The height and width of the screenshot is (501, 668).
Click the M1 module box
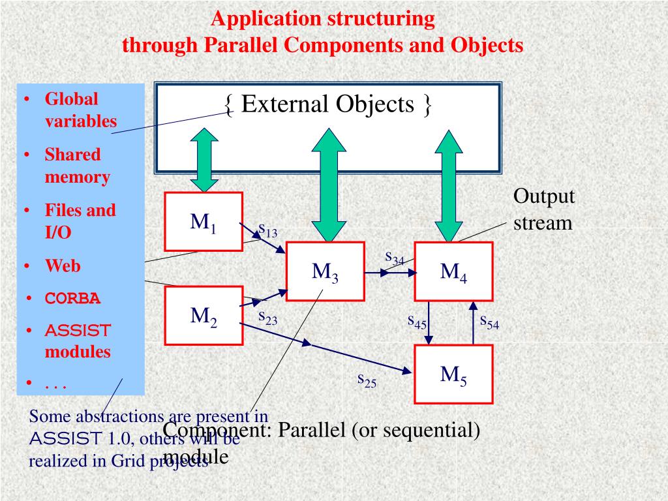tap(203, 222)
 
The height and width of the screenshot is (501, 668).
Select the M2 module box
tap(203, 316)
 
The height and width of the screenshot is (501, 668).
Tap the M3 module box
tap(324, 271)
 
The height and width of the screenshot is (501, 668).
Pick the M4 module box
tap(453, 271)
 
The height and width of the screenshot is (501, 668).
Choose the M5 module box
tap(453, 374)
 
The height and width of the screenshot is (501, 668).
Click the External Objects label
tap(327, 104)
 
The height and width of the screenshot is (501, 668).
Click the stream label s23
tap(267, 317)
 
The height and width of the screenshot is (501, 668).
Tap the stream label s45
tap(417, 320)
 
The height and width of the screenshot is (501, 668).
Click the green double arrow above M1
tap(203, 159)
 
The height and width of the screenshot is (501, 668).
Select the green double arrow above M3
tap(329, 185)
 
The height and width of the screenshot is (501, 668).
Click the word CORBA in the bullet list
tap(72, 298)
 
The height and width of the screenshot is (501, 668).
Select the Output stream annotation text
tap(543, 209)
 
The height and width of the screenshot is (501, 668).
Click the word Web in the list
tap(63, 266)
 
